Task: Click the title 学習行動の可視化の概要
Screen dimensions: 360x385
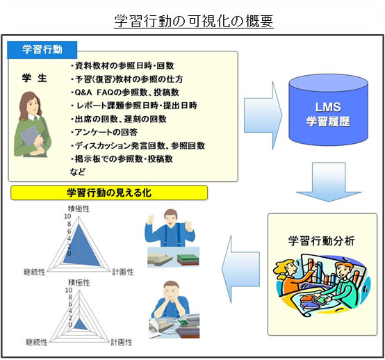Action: click(194, 22)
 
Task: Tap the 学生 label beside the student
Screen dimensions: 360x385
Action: click(33, 79)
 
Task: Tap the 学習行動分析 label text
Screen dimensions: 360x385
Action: click(321, 241)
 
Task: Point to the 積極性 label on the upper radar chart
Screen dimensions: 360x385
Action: click(79, 207)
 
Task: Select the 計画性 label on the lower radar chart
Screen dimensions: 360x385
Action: click(122, 343)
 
